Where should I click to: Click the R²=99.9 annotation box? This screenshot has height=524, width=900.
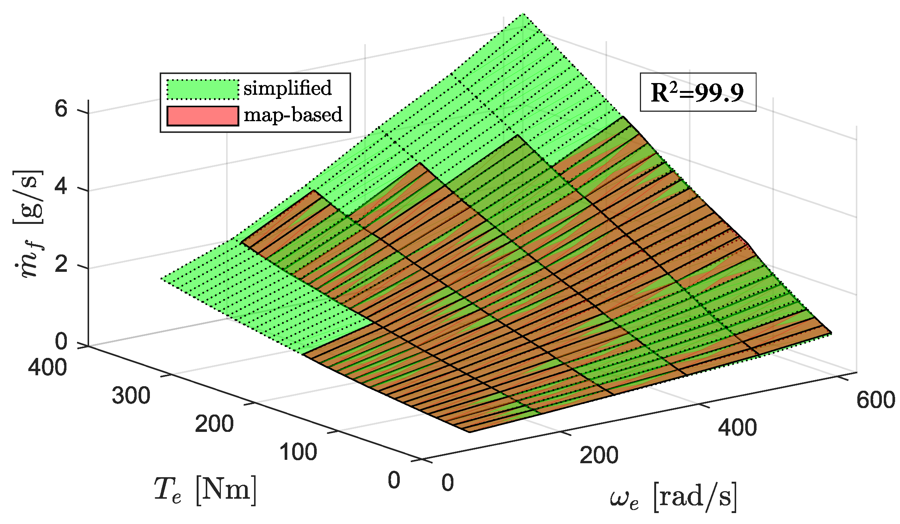click(698, 92)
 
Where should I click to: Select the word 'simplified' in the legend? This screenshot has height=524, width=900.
click(287, 88)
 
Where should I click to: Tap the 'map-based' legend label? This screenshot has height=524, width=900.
click(293, 115)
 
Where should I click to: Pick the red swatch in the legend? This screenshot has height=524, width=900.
click(203, 116)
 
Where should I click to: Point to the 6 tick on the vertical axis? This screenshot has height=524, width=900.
click(61, 109)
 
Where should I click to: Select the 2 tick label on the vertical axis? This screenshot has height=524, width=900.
click(61, 265)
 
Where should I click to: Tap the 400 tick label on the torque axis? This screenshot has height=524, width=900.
click(48, 367)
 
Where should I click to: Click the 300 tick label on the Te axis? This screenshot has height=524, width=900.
click(131, 396)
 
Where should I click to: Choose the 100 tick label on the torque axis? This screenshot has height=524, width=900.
click(298, 452)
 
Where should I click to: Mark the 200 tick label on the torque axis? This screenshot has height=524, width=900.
click(214, 424)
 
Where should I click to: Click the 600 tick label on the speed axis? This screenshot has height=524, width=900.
click(875, 400)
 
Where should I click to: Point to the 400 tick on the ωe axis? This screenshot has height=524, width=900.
click(737, 428)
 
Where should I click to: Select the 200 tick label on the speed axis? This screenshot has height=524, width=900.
click(599, 455)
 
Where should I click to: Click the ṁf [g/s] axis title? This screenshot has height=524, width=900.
click(29, 224)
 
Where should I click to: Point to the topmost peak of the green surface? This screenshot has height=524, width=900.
click(523, 14)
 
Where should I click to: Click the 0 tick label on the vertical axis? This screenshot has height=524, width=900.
click(61, 342)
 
